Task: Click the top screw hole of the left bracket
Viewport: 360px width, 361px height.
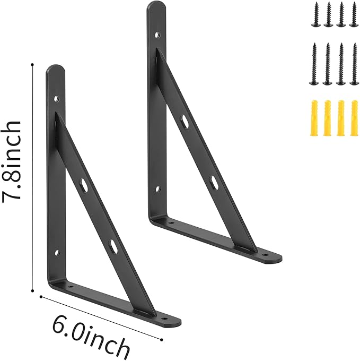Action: [x=57, y=99]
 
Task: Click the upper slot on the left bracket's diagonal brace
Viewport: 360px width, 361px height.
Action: [x=84, y=185]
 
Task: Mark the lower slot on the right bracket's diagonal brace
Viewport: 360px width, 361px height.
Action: [x=213, y=183]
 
